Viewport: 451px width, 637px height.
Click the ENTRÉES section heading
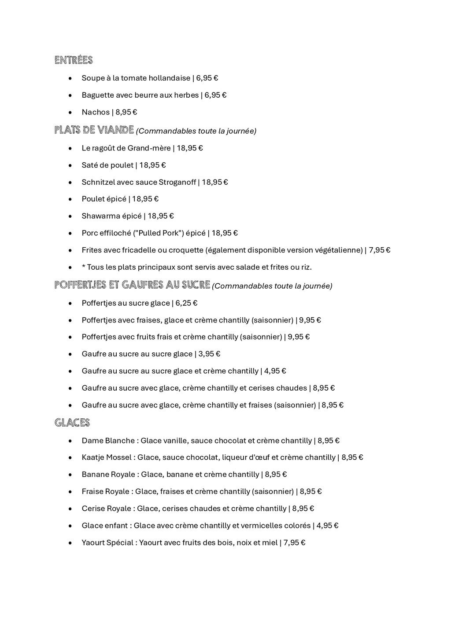pos(74,60)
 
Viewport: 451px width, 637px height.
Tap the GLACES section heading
pos(72,423)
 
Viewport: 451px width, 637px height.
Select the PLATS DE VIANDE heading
pos(94,130)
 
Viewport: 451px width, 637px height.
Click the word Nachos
pos(96,112)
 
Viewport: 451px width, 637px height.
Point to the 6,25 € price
pos(186,303)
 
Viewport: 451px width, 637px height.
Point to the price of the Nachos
pos(126,112)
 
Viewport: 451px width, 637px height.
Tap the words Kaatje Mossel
pos(106,458)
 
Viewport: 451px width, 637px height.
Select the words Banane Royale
pos(108,475)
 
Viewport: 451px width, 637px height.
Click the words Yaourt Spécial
pos(107,543)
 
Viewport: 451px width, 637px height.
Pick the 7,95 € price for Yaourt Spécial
pos(294,543)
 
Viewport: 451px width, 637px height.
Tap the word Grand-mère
pos(149,148)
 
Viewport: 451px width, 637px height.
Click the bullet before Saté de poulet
pos(70,166)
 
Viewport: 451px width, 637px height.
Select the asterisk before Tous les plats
pos(83,267)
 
